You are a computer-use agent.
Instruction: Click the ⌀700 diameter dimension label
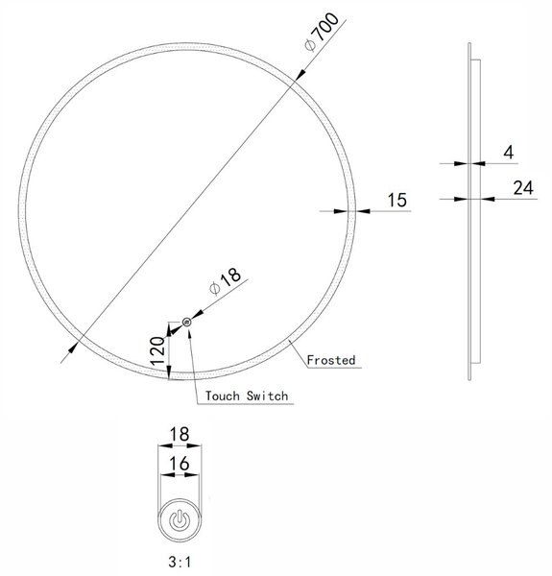coord(322,32)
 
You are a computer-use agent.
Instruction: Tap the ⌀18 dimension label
coord(225,281)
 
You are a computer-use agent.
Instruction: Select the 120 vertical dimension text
coord(158,350)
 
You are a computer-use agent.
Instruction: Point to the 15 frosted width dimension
coord(397,201)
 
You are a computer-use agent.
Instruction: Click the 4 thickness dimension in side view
coord(508,153)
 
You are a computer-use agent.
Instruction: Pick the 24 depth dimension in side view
coord(523,188)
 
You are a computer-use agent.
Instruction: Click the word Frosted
coord(331,360)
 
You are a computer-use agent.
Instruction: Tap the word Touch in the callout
coord(222,396)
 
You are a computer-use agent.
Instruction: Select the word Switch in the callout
coord(268,396)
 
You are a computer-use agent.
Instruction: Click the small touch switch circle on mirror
coord(187,323)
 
